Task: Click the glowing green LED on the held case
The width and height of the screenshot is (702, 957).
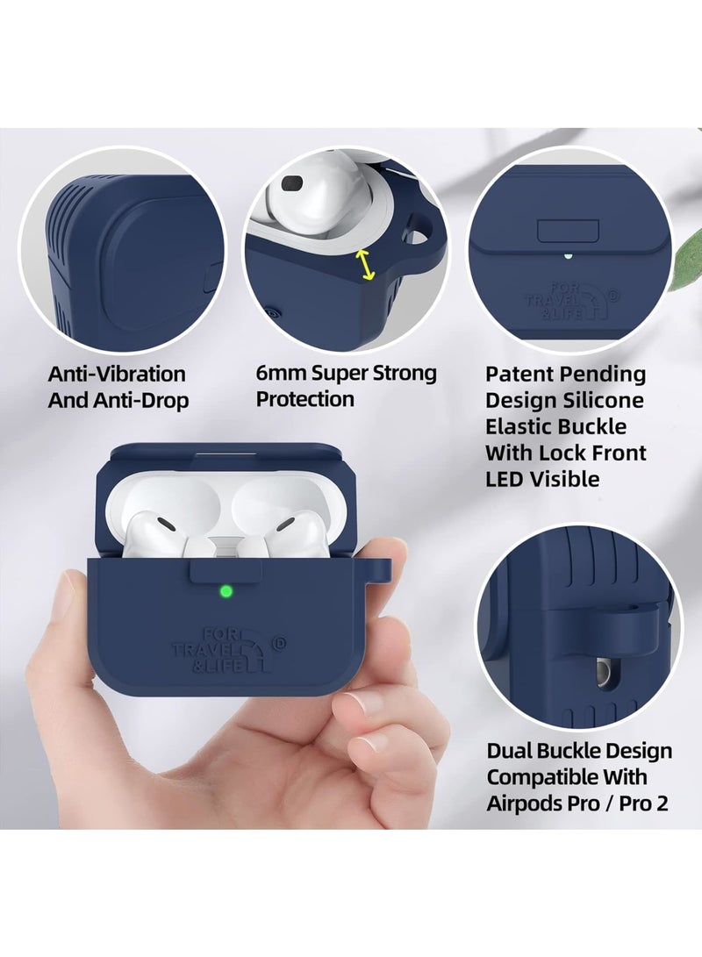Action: pos(227,591)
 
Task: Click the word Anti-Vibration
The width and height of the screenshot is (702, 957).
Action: pos(117,375)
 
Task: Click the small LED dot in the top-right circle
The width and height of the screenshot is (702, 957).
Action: pos(568,257)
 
